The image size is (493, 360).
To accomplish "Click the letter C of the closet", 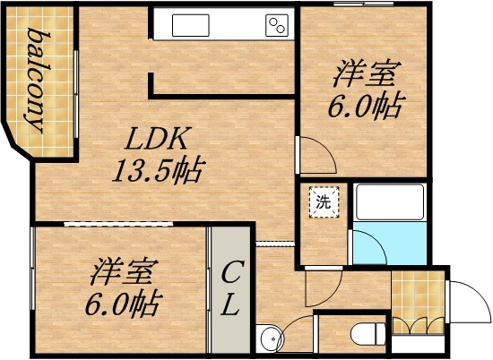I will [x=231, y=271].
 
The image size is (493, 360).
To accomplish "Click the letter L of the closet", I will [x=230, y=305].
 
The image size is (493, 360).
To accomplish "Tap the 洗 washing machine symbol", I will [x=321, y=202].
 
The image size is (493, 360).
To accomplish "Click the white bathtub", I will [x=389, y=203].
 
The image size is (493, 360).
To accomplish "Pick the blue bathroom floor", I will [x=389, y=244].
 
